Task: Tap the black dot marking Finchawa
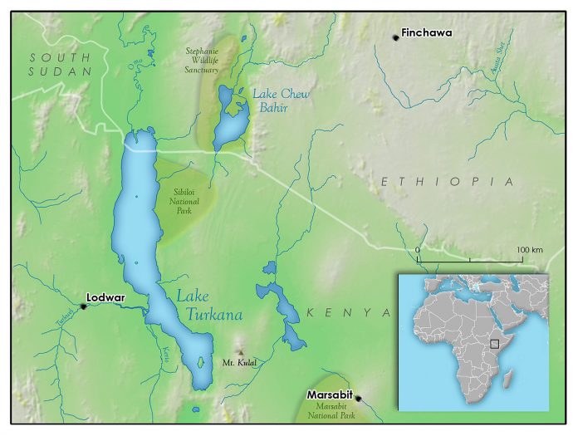point(396,37)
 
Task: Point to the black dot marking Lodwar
point(83,306)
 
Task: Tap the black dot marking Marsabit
point(358,399)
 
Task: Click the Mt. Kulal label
point(239,362)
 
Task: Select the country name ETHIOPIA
point(448,181)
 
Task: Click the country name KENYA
point(348,312)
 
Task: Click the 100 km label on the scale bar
point(528,249)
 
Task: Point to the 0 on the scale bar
point(418,249)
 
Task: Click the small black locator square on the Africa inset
point(494,342)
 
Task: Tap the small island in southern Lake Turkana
point(199,362)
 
